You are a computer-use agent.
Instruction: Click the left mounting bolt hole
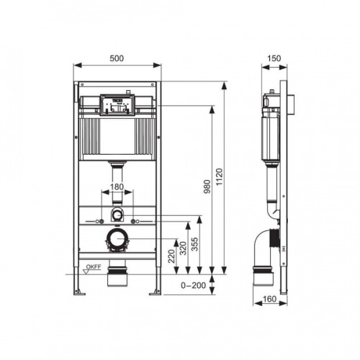102,216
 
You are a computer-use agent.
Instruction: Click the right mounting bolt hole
133,216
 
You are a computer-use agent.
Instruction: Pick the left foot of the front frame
79,292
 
